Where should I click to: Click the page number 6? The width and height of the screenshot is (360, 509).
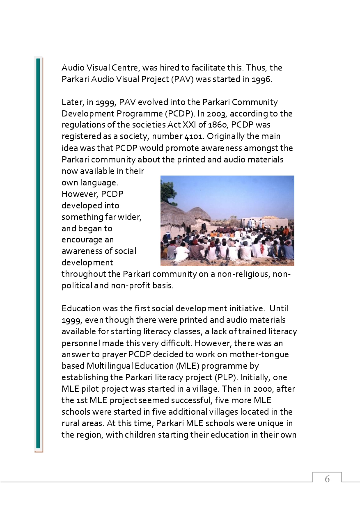point(327,479)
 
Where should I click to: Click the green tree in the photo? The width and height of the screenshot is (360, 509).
point(168,191)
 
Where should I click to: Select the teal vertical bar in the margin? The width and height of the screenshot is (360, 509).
point(38,254)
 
